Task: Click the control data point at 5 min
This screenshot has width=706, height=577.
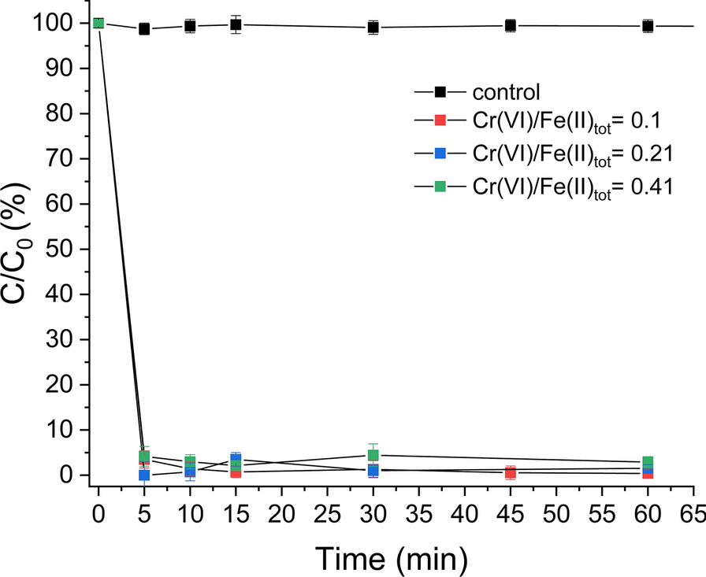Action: click(x=144, y=29)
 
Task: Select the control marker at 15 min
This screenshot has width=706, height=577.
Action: click(x=236, y=24)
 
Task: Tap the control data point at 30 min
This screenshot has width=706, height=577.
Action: click(x=373, y=28)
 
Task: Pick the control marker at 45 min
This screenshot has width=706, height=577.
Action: click(x=511, y=25)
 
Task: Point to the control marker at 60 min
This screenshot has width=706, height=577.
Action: click(x=648, y=26)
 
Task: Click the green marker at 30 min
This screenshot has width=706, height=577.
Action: click(x=373, y=455)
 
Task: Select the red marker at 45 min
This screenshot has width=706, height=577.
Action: click(x=511, y=472)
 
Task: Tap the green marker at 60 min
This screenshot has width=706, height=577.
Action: click(x=648, y=462)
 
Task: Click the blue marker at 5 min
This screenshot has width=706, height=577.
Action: click(x=144, y=475)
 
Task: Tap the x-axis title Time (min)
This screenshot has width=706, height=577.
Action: click(x=392, y=558)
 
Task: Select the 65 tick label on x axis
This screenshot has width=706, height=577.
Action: click(x=693, y=512)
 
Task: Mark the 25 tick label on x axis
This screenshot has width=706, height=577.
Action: click(x=327, y=512)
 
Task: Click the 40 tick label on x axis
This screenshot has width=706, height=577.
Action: click(x=465, y=512)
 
